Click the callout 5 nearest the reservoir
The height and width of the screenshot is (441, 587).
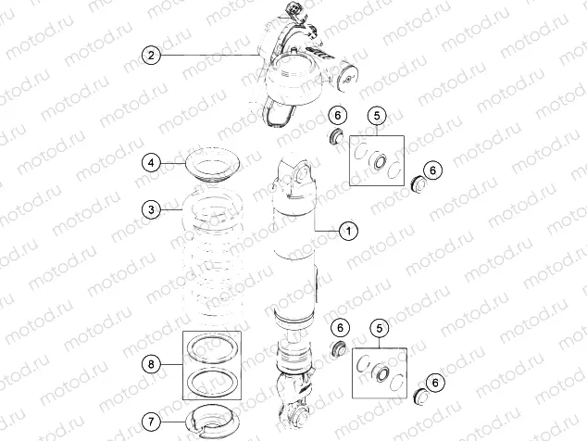(376, 115)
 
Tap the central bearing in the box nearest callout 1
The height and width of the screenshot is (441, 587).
(377, 163)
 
